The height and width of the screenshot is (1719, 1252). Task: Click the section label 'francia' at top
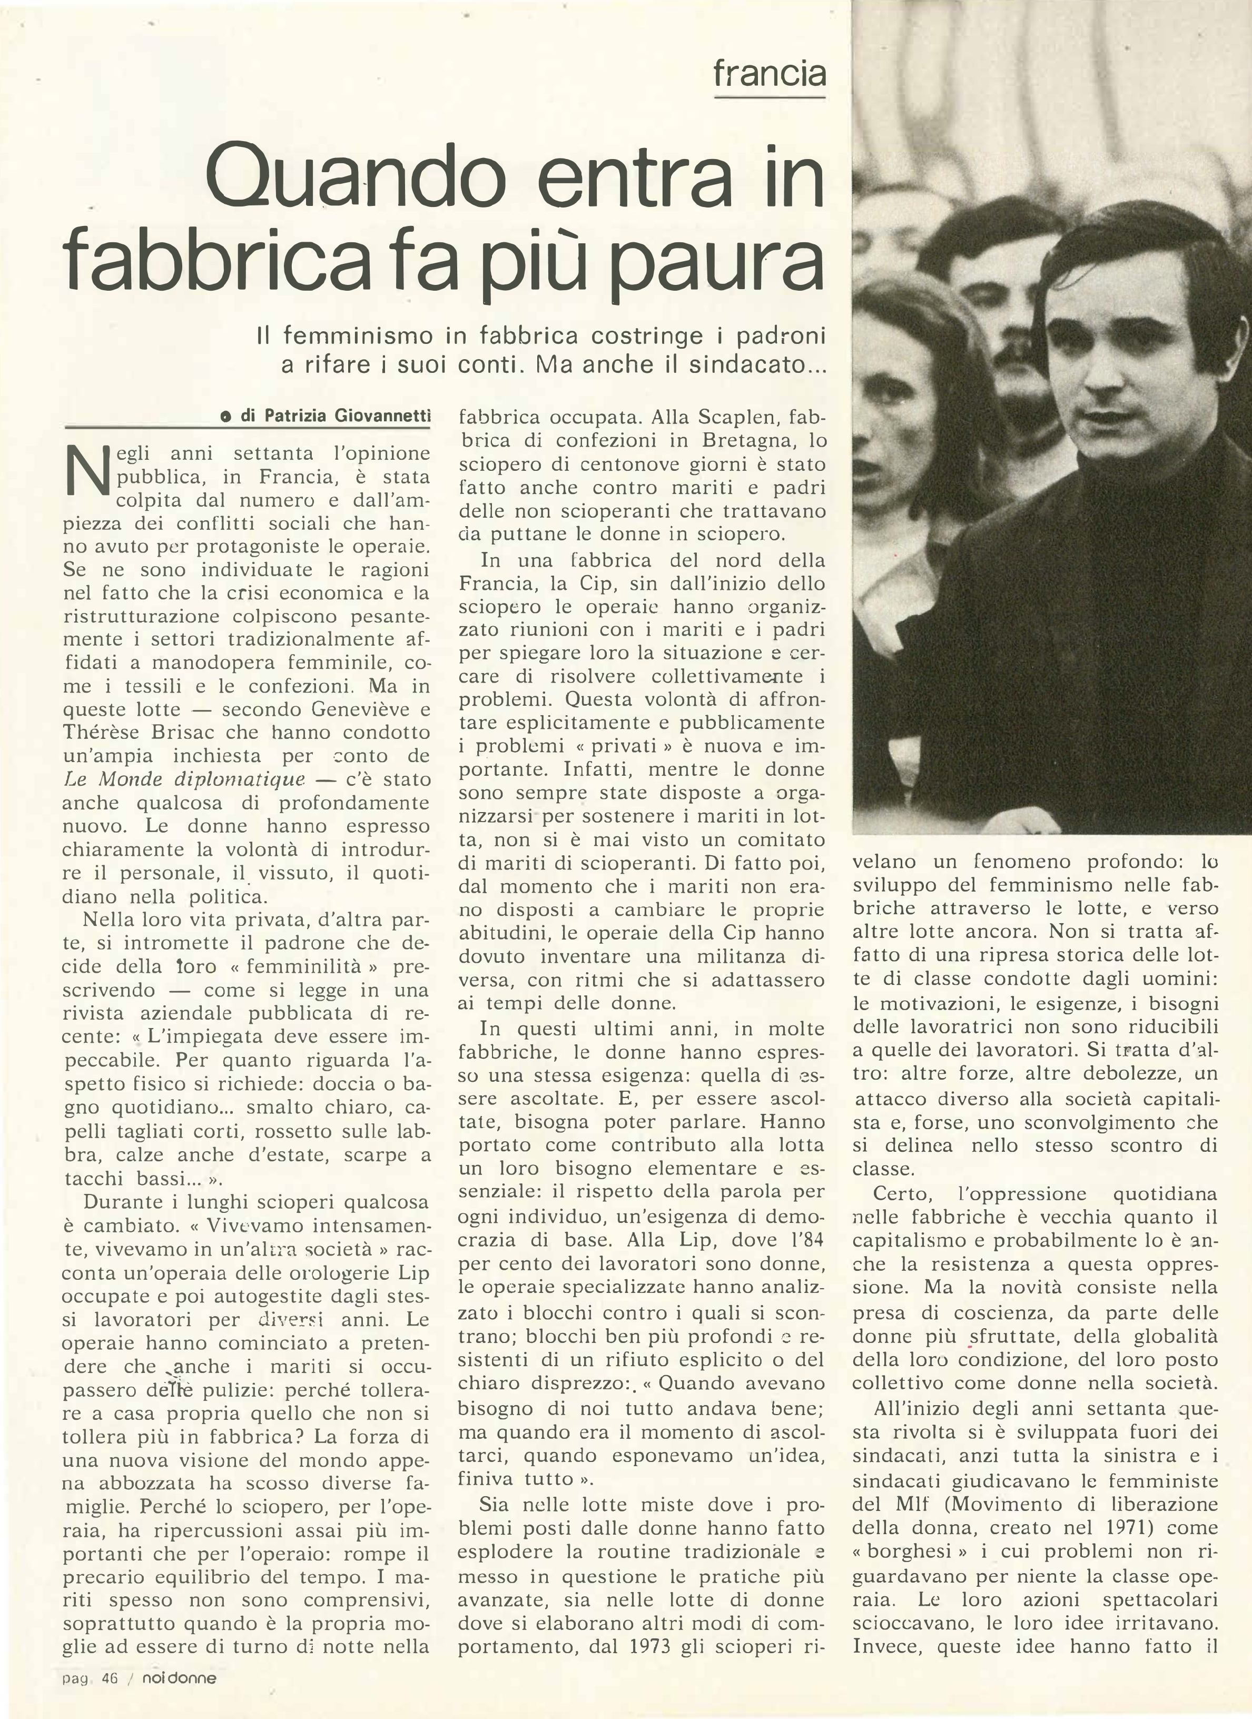tap(769, 74)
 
